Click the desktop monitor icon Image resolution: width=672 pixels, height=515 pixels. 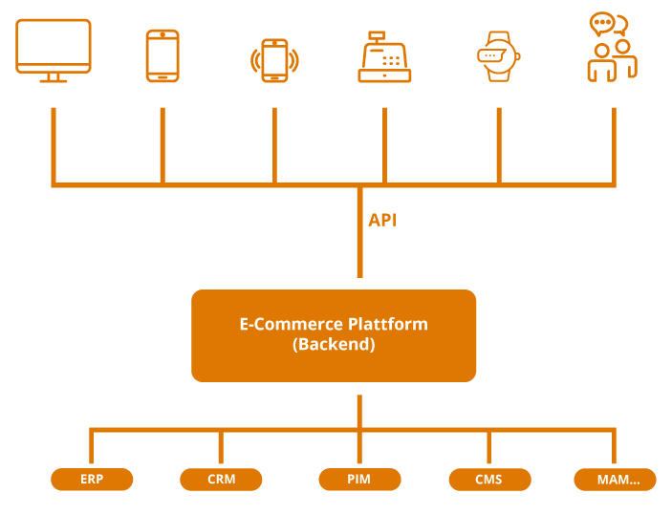(54, 50)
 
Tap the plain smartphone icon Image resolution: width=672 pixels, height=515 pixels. (163, 55)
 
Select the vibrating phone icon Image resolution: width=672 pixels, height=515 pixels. (274, 60)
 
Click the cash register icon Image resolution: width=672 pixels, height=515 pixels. (384, 57)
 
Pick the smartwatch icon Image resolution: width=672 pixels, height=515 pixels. (497, 54)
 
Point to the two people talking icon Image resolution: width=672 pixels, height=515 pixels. (612, 48)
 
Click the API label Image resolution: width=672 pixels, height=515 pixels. (382, 221)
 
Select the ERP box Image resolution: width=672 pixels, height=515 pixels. (92, 480)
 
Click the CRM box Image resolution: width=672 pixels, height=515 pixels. (221, 480)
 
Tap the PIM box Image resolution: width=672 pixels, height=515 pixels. (359, 480)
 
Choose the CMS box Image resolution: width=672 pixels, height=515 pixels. (488, 480)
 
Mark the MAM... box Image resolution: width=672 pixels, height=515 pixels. (615, 480)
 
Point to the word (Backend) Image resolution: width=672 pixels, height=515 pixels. (334, 345)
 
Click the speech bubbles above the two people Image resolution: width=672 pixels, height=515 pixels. (607, 24)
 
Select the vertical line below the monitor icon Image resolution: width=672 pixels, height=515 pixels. (54, 143)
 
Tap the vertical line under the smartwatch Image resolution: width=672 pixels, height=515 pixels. (498, 143)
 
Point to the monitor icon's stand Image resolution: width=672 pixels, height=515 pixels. (54, 78)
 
